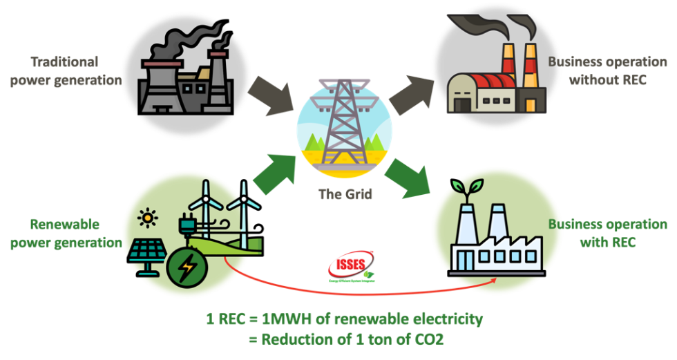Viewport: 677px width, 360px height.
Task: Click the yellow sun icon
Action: (147, 219)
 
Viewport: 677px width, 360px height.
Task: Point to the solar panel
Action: (147, 254)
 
